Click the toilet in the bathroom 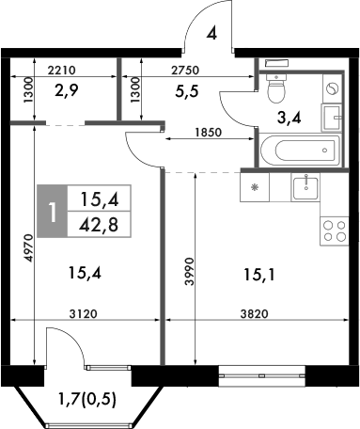(276, 87)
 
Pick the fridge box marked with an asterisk (255, 187)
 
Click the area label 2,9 (66, 92)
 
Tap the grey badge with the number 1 (53, 212)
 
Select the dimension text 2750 (191, 70)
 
